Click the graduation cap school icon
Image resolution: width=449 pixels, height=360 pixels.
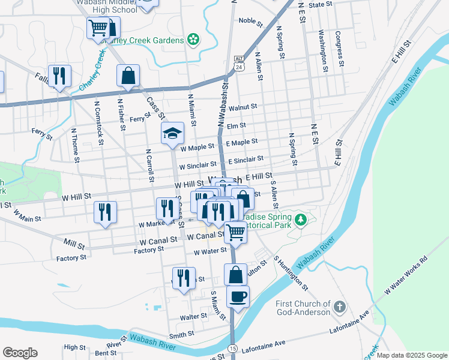(x=172, y=133)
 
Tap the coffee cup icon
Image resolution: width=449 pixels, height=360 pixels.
(x=238, y=295)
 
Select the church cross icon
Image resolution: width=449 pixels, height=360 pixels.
(x=339, y=307)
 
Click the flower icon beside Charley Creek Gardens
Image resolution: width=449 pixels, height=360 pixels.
(x=193, y=40)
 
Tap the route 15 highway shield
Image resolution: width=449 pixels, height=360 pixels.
(x=232, y=349)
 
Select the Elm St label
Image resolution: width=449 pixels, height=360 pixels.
(x=237, y=125)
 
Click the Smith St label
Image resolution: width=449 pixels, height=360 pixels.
(x=181, y=334)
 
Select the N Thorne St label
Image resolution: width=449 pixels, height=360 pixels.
(x=75, y=145)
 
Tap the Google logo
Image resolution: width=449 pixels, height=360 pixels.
(x=20, y=352)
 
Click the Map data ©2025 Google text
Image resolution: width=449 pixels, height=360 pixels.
(x=411, y=355)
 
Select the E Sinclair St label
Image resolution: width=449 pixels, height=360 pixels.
(x=246, y=160)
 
